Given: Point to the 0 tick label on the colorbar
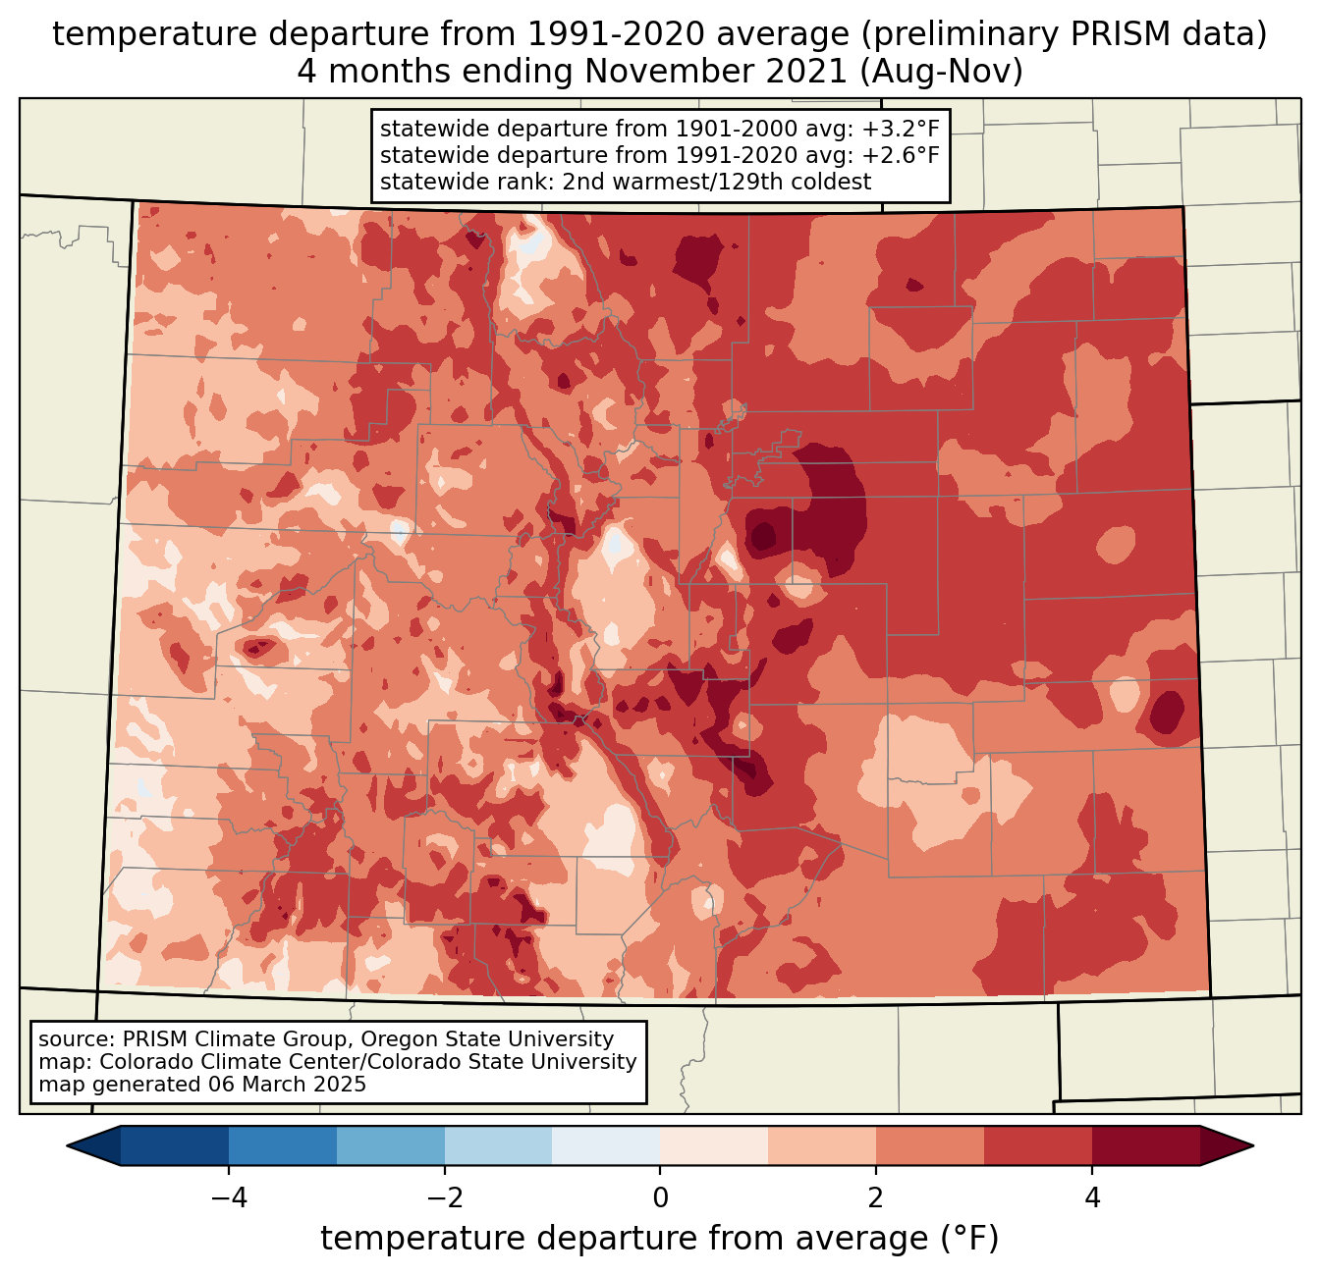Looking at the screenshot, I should [x=660, y=1197].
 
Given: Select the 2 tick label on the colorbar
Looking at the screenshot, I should [x=876, y=1197].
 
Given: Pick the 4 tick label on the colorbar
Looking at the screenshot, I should [x=1092, y=1197].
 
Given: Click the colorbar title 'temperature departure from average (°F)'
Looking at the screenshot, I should [x=659, y=1239].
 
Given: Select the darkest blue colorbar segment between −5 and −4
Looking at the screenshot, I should [x=175, y=1145].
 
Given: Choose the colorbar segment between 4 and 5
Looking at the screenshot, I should [x=1145, y=1145].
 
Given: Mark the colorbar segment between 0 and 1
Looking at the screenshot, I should [x=714, y=1145].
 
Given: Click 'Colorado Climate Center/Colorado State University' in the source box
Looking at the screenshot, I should [x=368, y=1062].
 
